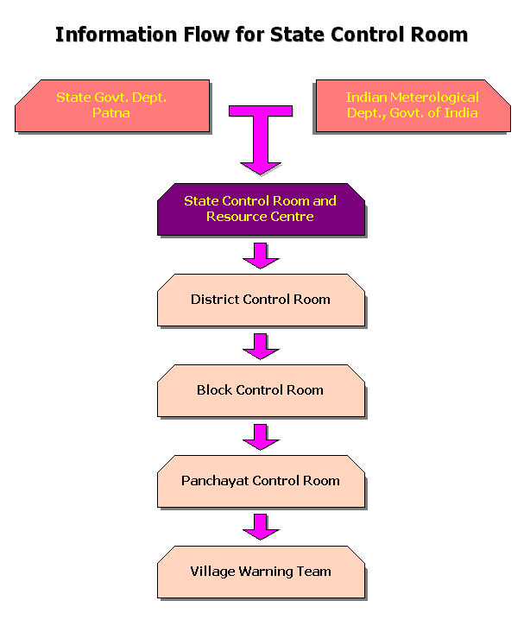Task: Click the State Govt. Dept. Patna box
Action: [112, 105]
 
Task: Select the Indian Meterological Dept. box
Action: [412, 105]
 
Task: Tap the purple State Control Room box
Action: [260, 209]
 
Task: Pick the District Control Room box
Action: [260, 300]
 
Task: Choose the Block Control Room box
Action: [260, 390]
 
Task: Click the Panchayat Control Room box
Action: [260, 481]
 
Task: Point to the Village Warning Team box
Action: [260, 572]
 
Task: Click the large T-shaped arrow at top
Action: [260, 130]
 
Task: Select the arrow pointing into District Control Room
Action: [260, 255]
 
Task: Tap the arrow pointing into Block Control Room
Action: [260, 345]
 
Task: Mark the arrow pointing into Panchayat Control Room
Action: [260, 436]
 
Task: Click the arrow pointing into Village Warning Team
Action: [260, 527]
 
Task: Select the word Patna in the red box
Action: [111, 113]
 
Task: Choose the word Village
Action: [212, 572]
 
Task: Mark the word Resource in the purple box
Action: [236, 217]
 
